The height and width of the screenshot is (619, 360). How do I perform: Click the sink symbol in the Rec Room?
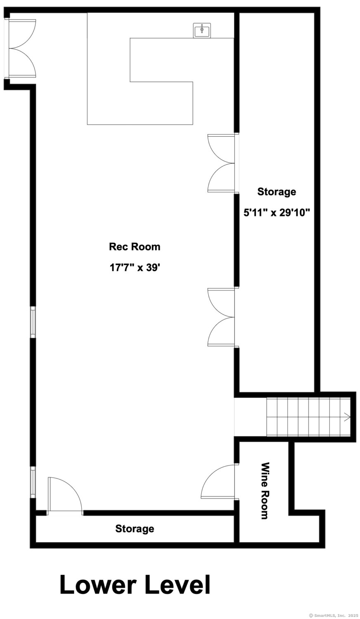point(202,30)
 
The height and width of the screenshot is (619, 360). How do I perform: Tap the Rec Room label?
point(135,246)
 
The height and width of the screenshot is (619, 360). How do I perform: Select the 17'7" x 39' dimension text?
point(135,267)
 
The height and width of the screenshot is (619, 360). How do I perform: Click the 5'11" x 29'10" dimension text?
point(277,213)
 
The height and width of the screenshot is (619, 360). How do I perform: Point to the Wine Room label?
point(265,491)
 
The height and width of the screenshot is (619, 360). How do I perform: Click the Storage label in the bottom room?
point(135,529)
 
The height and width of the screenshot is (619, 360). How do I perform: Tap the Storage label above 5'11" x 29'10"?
point(277,191)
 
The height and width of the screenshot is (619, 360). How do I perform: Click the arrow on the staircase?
point(347,417)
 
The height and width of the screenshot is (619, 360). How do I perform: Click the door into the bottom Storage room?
point(65,496)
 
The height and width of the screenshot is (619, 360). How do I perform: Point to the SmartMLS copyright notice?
point(334,615)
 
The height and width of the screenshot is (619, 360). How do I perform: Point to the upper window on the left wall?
point(33,322)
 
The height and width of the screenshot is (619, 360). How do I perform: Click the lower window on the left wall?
point(33,482)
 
